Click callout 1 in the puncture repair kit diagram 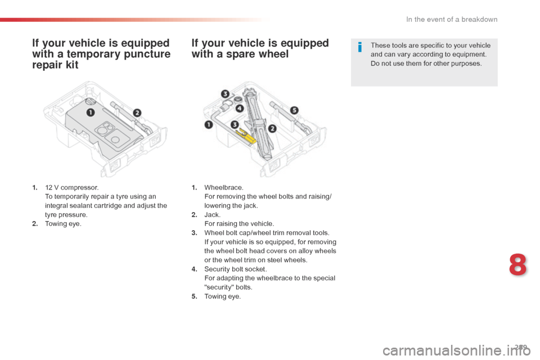point(90,112)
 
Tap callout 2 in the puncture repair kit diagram point(137,113)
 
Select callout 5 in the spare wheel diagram point(294,110)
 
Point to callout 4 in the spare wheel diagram point(240,109)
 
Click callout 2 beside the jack point(272,128)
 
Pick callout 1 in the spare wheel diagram point(209,125)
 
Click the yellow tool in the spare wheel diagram point(247,136)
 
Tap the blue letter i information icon point(360,47)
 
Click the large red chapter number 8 point(517,264)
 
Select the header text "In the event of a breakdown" point(452,20)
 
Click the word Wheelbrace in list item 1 point(223,187)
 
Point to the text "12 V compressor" point(71,187)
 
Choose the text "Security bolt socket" point(235,269)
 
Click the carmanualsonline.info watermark point(457,351)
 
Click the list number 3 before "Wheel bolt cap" point(194,233)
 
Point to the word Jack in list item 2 point(212,215)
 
